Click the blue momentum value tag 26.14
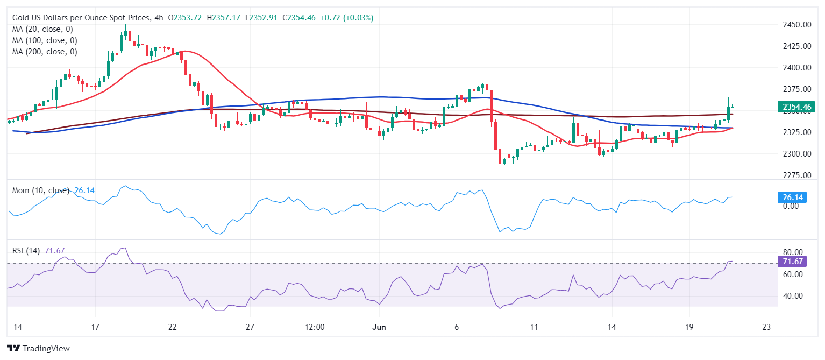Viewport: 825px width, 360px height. (x=792, y=197)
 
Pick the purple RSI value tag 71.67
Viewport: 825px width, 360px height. (x=792, y=262)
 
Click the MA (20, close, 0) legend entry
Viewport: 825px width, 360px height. (x=42, y=29)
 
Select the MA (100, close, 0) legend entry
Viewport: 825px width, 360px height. (x=45, y=40)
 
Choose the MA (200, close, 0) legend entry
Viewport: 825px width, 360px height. (x=45, y=52)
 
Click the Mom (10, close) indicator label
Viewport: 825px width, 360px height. (x=40, y=190)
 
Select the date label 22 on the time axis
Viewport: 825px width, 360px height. (x=173, y=327)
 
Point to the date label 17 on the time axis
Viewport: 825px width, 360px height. (x=95, y=327)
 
